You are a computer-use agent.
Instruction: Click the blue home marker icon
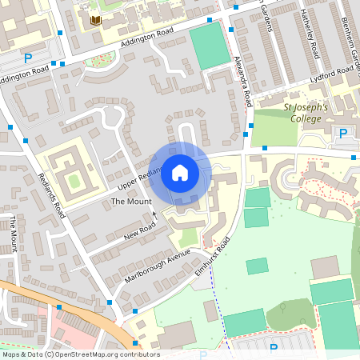click(x=179, y=173)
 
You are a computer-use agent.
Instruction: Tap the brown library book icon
click(x=97, y=20)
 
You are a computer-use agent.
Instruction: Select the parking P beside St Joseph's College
click(x=344, y=134)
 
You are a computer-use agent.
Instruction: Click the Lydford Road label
click(x=335, y=70)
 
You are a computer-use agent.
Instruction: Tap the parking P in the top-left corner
click(x=29, y=58)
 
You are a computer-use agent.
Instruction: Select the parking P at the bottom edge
click(x=274, y=349)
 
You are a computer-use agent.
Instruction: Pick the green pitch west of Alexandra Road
click(x=209, y=45)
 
